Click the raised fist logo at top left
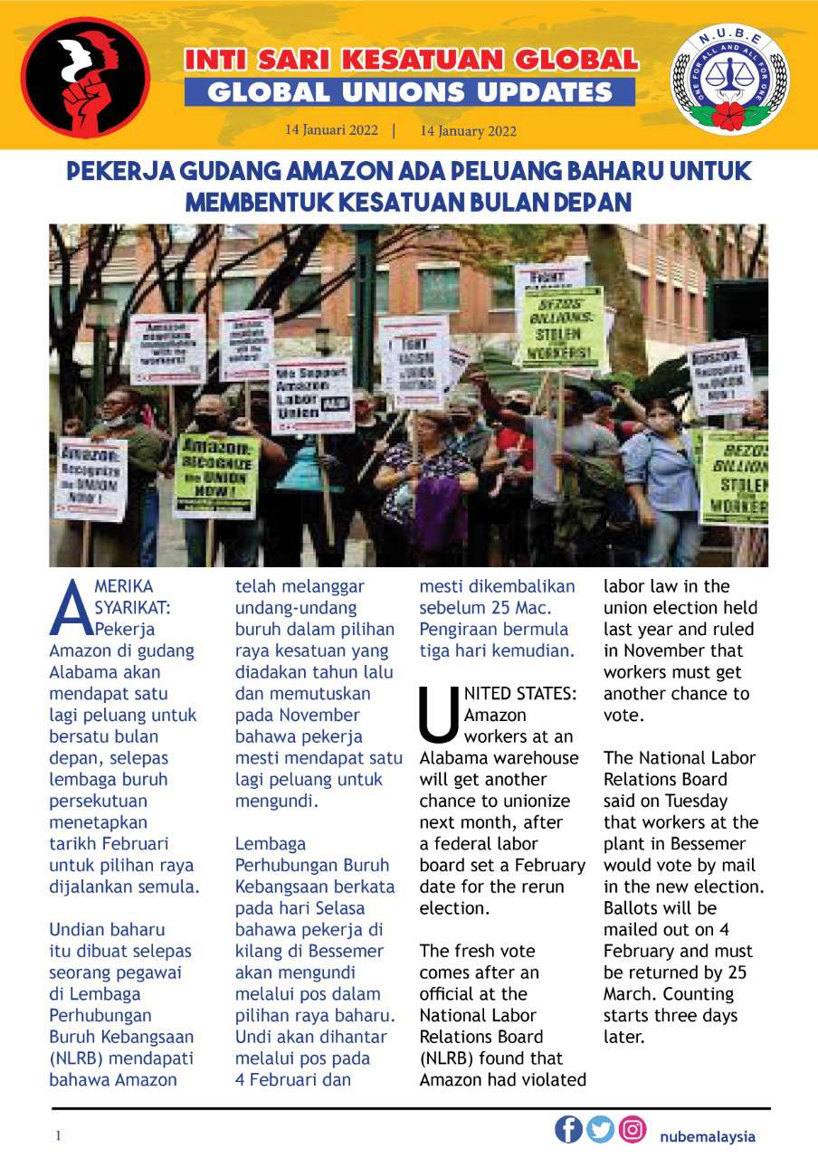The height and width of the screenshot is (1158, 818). click(85, 78)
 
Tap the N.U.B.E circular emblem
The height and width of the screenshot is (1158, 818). click(729, 80)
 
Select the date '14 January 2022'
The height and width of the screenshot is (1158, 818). click(468, 130)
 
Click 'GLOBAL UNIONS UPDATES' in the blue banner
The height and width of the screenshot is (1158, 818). click(409, 92)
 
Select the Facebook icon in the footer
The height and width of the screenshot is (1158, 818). click(568, 1129)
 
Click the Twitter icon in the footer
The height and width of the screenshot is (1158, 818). click(600, 1129)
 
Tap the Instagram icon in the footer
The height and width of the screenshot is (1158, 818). click(633, 1129)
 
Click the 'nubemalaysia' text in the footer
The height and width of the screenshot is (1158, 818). click(707, 1136)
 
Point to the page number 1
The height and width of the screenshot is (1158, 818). click(58, 1135)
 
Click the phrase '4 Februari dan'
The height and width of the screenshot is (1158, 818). click(292, 1079)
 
